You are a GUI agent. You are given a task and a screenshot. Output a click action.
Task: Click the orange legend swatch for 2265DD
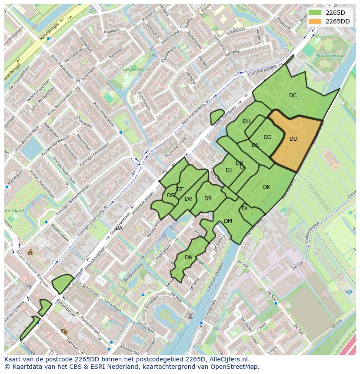pos(315,21)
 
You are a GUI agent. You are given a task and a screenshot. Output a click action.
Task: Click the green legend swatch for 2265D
pos(315,13)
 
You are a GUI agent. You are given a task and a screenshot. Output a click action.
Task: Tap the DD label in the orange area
pos(293,139)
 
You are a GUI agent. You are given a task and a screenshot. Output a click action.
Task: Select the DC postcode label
pos(293,96)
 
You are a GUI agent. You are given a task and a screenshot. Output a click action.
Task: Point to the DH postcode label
pos(247,121)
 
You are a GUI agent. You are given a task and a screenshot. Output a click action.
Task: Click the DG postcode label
pos(267,137)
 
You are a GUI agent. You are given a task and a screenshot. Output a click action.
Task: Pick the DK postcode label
pos(267,187)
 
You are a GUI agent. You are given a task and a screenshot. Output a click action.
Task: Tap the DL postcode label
pos(245,209)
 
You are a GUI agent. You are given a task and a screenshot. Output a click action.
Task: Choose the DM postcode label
pos(228,221)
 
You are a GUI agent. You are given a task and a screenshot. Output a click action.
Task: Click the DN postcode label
pos(189,258)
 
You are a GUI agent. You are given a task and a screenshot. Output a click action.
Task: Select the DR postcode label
pos(208,199)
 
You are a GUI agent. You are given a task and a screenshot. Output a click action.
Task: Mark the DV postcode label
pos(188,199)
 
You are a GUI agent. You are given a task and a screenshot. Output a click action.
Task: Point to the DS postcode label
pos(170,195)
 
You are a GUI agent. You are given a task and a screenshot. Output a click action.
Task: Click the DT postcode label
pos(180,189)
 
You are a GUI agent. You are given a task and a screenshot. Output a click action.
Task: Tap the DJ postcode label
pos(229,170)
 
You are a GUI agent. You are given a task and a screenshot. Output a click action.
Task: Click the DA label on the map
pos(119,228)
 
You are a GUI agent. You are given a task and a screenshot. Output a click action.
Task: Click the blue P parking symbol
pos(350,293)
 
